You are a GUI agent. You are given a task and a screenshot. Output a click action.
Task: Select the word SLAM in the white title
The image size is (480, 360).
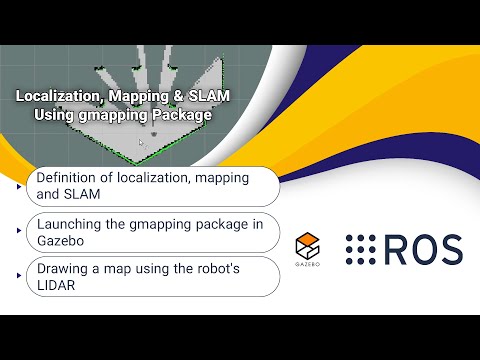[x=205, y=97]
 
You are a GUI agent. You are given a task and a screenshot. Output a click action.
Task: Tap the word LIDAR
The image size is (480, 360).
[x=59, y=285]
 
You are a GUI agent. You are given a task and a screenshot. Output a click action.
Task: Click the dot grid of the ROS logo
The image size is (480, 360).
[x=362, y=251]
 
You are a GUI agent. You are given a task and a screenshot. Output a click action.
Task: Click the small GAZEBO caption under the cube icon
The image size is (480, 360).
[x=308, y=267]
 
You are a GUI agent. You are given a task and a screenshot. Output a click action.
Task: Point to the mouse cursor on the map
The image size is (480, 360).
[x=141, y=144]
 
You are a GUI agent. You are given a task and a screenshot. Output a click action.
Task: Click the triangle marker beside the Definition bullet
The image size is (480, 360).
[x=20, y=186]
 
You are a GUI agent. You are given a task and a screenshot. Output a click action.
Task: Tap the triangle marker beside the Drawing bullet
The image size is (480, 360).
[x=20, y=277]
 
